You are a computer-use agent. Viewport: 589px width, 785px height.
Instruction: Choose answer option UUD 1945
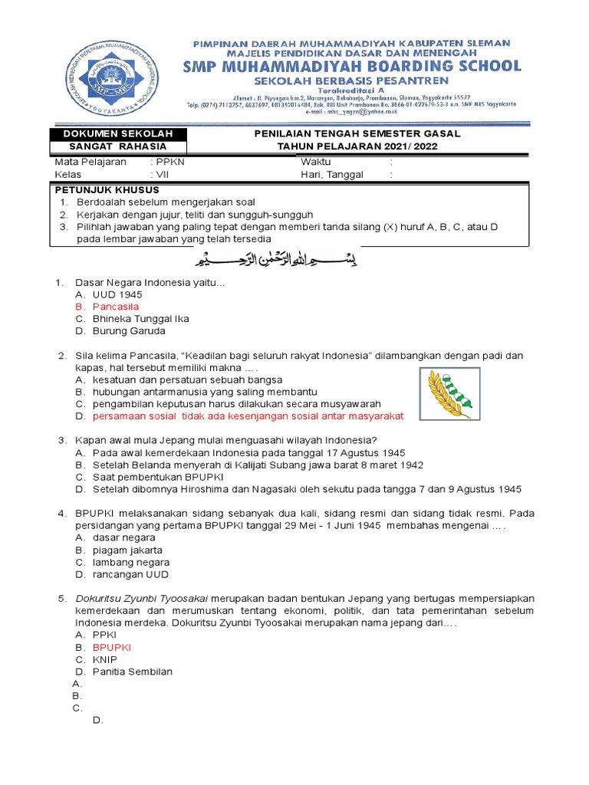click(117, 294)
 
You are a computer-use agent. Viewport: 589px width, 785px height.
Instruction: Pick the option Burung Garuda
click(129, 331)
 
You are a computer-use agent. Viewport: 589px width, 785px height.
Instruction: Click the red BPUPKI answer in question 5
click(112, 647)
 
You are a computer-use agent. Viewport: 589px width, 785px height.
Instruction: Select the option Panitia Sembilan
click(132, 672)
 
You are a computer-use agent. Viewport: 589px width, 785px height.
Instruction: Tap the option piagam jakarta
click(127, 550)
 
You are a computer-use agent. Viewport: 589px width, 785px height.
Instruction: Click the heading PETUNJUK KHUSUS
click(107, 189)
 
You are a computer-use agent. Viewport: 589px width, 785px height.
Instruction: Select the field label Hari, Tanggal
click(332, 175)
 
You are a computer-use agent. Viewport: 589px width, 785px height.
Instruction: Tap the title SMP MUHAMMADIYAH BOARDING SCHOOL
click(352, 66)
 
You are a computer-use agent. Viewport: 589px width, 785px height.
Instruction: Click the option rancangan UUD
click(130, 574)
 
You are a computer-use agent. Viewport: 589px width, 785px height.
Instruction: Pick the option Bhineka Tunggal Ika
click(140, 318)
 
